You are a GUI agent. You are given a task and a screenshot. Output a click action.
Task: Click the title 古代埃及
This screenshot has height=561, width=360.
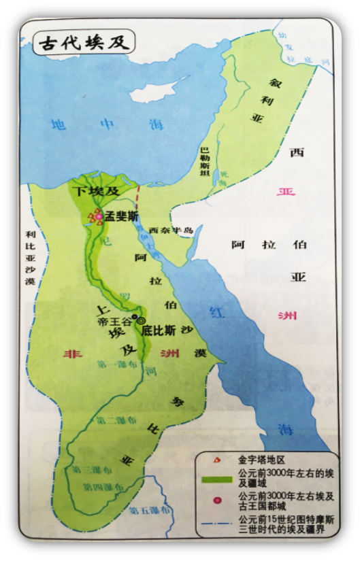tap(77, 43)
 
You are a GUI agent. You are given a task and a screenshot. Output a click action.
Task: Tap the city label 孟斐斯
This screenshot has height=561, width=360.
tap(122, 216)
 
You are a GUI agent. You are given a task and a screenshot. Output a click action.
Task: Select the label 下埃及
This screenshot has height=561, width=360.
tap(97, 192)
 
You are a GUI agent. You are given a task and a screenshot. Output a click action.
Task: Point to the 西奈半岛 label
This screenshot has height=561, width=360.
tap(171, 230)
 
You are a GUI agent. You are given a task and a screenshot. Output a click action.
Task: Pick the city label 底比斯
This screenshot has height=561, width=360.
tap(159, 331)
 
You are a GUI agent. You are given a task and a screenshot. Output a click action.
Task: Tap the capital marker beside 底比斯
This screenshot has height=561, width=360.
tap(142, 320)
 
